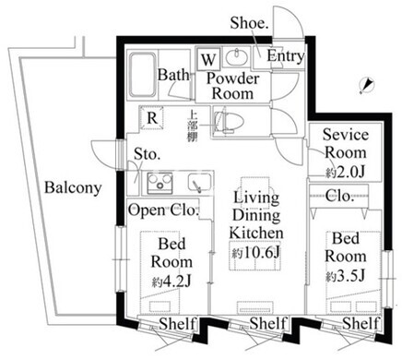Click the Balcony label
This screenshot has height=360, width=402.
73,187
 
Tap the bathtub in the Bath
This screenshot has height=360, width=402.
142,75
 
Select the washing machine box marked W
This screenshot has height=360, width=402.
208,59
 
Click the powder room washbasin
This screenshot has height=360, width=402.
237,56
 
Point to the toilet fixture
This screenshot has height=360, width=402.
229,122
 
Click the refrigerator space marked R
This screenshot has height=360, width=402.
152,118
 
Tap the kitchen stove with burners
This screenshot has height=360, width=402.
160,183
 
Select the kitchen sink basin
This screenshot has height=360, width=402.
199,183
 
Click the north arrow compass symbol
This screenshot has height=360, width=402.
366,85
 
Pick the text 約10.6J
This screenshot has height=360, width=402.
255,253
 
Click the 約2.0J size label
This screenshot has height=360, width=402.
345,173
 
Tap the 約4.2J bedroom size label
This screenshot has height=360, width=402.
171,281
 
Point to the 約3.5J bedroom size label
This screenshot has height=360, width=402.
346,275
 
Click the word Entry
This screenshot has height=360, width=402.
286,56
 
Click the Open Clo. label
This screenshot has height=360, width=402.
163,210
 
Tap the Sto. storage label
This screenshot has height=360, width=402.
148,154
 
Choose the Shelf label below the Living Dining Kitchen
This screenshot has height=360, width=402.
267,323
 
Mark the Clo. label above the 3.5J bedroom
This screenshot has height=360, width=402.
339,195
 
